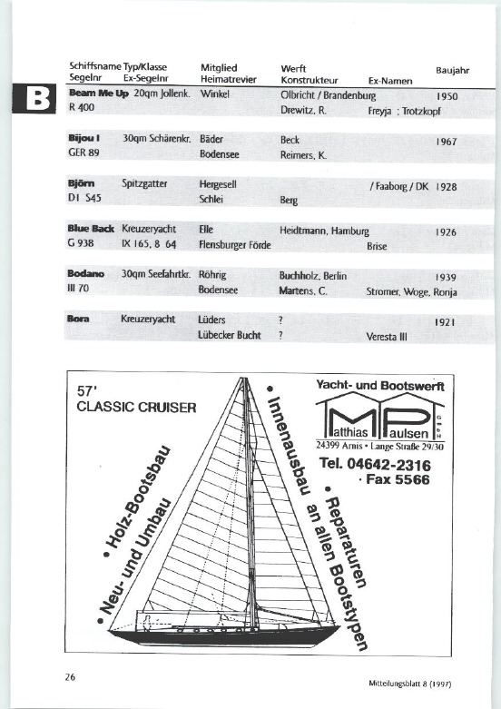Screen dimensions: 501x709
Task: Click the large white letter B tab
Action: (x=38, y=99)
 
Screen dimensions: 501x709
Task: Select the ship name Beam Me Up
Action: (x=99, y=94)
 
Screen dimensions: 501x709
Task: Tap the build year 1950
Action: (x=447, y=96)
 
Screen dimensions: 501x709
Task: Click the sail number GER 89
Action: (x=83, y=153)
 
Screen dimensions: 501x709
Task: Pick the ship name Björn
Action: (x=82, y=183)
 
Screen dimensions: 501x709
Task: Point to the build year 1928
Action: (x=447, y=187)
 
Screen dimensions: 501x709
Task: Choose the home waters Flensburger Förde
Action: (x=235, y=245)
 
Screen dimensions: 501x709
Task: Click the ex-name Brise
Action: (x=377, y=246)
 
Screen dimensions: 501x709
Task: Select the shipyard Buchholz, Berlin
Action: (x=313, y=276)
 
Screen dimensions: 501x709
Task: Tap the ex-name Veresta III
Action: (x=387, y=337)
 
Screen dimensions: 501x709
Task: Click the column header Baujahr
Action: (x=453, y=71)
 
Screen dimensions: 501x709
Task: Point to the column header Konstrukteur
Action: (x=309, y=81)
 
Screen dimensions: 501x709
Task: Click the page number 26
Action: (x=70, y=677)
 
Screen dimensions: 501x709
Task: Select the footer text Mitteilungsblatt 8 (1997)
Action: (x=409, y=684)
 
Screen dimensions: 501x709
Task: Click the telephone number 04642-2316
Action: (x=388, y=465)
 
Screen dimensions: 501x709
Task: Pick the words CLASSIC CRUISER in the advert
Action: (x=136, y=407)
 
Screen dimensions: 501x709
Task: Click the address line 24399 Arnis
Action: (x=339, y=446)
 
